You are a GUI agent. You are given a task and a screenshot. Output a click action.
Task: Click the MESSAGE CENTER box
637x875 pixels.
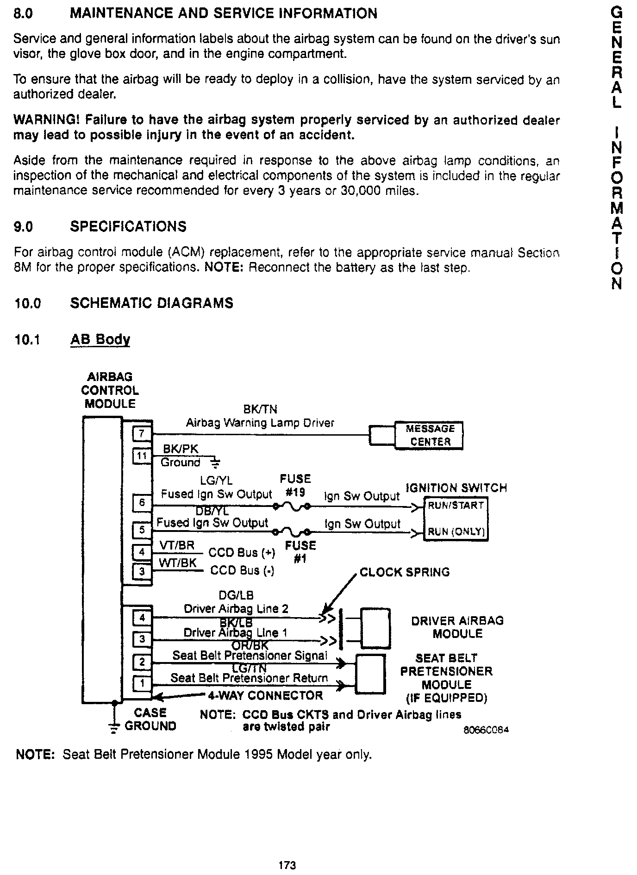428,435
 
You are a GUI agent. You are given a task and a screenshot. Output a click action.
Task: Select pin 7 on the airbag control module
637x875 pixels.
142,434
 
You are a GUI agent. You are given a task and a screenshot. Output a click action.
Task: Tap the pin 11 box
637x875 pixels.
142,456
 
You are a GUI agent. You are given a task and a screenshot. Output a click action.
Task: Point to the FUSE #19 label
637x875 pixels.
295,485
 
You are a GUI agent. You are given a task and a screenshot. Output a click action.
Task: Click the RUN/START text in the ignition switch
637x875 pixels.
456,505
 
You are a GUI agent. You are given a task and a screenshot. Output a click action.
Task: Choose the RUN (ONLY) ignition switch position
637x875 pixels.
456,531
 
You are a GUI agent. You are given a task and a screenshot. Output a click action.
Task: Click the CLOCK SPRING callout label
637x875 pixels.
404,572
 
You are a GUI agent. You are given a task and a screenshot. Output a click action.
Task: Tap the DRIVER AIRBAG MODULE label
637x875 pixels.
457,627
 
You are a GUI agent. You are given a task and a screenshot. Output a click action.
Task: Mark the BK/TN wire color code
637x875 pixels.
260,409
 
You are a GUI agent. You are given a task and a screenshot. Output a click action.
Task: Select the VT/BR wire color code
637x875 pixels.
177,545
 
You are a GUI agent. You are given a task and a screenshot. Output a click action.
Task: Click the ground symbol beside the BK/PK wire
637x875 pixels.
215,462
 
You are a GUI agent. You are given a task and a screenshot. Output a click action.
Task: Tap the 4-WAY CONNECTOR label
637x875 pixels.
265,695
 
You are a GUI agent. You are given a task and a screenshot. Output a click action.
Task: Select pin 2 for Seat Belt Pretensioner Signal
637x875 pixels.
142,662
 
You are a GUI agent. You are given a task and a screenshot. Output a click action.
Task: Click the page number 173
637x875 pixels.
287,865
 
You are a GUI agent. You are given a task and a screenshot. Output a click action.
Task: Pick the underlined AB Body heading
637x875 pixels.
100,339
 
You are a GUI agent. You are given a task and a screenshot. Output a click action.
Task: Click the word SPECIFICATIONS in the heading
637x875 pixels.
128,226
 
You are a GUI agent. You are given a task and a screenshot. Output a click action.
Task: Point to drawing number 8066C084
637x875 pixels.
486,730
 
